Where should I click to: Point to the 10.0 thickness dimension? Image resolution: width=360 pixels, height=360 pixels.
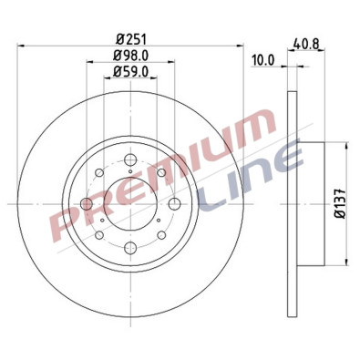pos(262,61)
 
